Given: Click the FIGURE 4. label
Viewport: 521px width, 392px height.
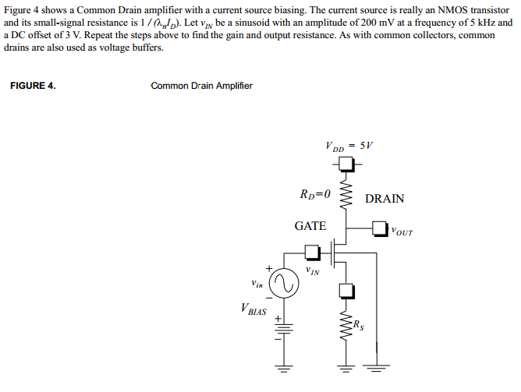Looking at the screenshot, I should click(33, 86).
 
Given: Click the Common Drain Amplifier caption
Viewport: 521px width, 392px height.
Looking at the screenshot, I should click(201, 86).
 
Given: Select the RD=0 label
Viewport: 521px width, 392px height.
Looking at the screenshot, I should click(315, 194).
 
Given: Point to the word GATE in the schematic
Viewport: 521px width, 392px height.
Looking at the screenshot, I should click(310, 226).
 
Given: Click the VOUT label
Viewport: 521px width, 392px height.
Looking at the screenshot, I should click(402, 231).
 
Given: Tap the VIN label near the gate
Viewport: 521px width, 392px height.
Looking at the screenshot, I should click(312, 272).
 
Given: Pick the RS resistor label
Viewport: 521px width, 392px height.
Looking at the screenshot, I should click(358, 325).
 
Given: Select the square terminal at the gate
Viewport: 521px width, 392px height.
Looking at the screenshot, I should click(311, 252).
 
